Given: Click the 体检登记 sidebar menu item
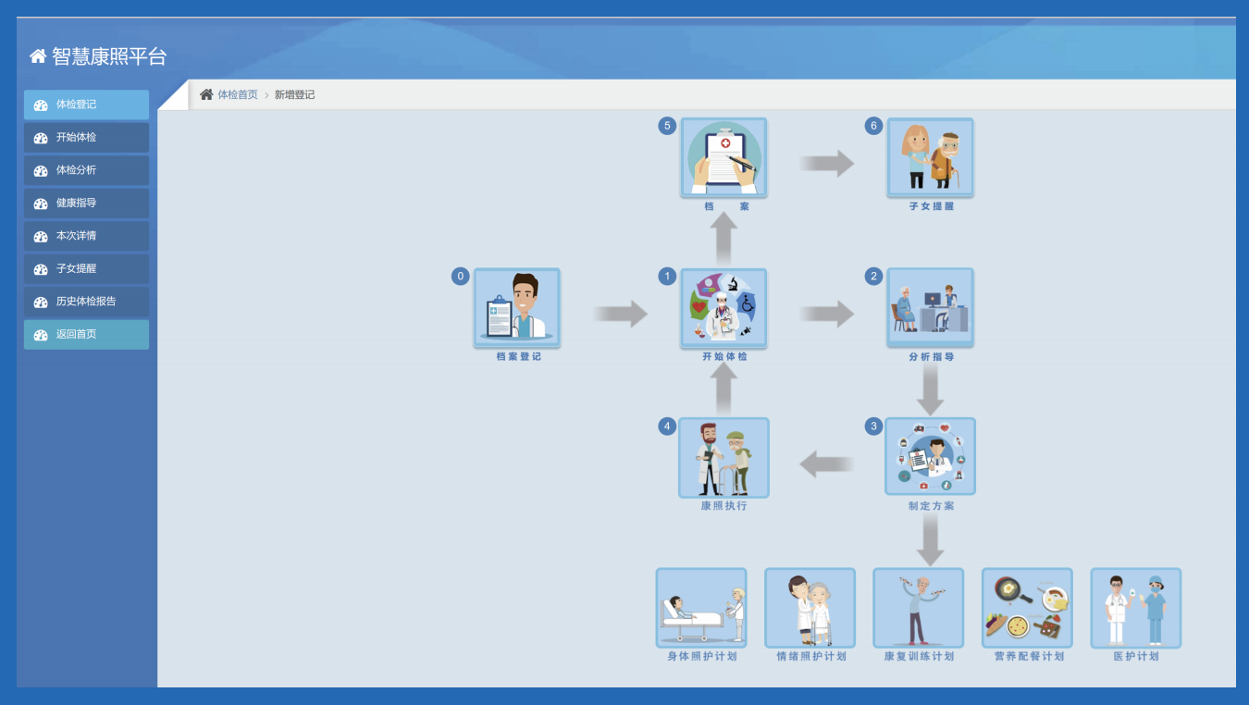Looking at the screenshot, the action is pos(86,105).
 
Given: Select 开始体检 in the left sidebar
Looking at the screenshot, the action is pos(86,137).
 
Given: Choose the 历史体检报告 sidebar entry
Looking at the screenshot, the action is pos(86,302).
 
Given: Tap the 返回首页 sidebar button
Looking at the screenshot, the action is pos(86,335).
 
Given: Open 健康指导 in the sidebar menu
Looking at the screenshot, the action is pos(86,203).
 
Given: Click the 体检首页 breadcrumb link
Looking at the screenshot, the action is pos(238,94).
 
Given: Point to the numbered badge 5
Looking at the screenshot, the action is pos(667,126).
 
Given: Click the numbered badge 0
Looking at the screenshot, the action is pos(460,276).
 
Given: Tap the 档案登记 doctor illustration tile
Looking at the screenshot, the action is pos(517,307).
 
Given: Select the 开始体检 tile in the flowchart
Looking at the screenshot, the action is pos(723,308).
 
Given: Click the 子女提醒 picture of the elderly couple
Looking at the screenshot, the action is pos(930,157).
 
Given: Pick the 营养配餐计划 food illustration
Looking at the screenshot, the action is pos(1027,608).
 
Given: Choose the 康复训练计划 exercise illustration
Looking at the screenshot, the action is pos(919,608).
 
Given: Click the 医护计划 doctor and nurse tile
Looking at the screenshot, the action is pos(1136,608).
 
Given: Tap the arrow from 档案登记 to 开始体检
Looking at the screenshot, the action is pos(620,314).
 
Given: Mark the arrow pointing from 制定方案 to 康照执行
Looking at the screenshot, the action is pos(826,464).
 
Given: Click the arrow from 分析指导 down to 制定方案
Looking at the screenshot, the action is pos(930,390).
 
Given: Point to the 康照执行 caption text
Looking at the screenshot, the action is pos(723,506).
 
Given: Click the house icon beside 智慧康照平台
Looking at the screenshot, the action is pos(38,56).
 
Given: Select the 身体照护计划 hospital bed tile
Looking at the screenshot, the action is pos(701,608).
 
